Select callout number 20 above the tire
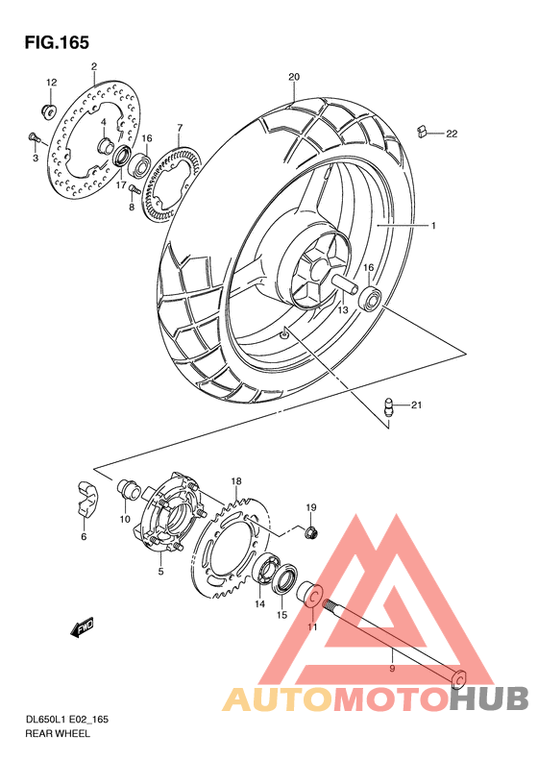click(294, 77)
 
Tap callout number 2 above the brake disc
click(94, 67)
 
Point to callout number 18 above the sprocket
click(235, 480)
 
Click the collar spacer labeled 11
click(312, 596)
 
